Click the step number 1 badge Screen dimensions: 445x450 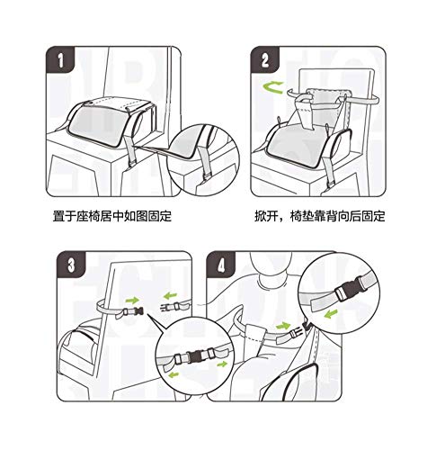click(60, 59)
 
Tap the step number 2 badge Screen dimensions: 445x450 click(265, 59)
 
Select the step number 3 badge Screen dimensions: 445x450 click(71, 265)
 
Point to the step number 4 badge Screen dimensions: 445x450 click(221, 265)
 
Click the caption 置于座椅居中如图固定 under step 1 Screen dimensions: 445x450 click(112, 216)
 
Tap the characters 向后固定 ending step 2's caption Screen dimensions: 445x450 click(361, 216)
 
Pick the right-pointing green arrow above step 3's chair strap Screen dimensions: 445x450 click(132, 300)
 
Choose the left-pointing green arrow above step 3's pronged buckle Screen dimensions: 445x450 click(170, 296)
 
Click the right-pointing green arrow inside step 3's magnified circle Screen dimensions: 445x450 click(222, 364)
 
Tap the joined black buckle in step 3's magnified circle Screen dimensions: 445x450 click(195, 355)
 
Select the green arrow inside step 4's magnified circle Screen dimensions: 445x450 click(331, 314)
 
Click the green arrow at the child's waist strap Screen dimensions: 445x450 click(283, 326)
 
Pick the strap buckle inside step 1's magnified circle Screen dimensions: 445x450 click(207, 178)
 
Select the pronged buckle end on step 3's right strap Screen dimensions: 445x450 click(166, 307)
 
